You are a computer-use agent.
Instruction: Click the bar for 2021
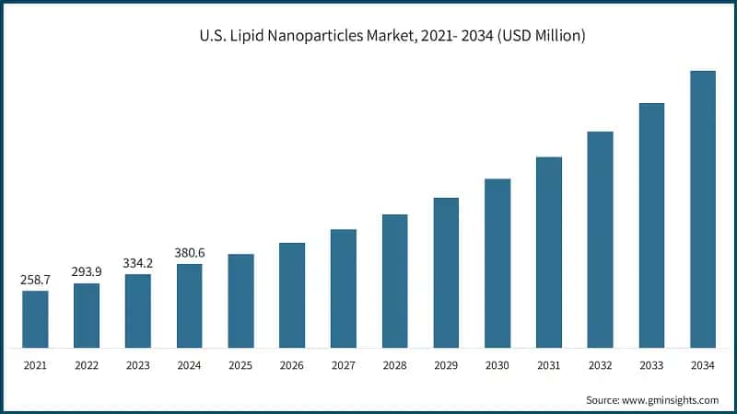[x=35, y=319]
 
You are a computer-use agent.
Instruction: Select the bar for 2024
[x=190, y=305]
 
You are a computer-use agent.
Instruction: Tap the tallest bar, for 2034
[x=703, y=210]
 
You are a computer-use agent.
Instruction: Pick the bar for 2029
[x=446, y=272]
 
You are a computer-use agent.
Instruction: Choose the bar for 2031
[x=549, y=252]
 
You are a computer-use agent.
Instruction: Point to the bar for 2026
[x=292, y=295]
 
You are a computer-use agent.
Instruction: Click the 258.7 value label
[x=35, y=278]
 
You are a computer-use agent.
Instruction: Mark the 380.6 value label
[x=190, y=251]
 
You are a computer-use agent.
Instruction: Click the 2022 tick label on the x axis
[x=87, y=366]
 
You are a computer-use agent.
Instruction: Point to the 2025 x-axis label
[x=240, y=366]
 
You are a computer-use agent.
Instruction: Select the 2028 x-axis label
[x=395, y=366]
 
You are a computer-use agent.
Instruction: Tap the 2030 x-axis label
[x=497, y=366]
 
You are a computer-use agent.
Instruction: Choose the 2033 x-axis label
[x=651, y=366]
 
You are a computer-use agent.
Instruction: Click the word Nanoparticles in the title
[x=310, y=37]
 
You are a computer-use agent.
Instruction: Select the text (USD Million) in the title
[x=534, y=37]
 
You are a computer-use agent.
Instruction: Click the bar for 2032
[x=600, y=239]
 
